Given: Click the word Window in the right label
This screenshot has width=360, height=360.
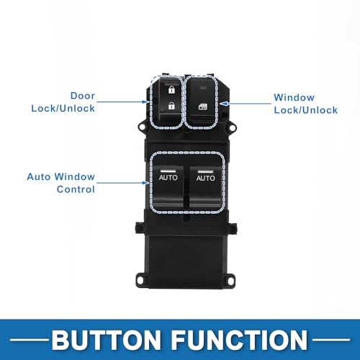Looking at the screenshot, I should coord(292,97).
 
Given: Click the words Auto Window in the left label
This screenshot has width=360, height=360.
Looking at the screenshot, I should coord(60,176).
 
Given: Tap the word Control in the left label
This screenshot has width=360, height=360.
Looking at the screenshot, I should coord(76,189).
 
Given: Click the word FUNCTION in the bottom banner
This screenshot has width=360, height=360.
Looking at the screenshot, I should coord(243,338).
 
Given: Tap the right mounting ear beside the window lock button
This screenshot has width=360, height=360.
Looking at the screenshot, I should coord(232,125).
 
